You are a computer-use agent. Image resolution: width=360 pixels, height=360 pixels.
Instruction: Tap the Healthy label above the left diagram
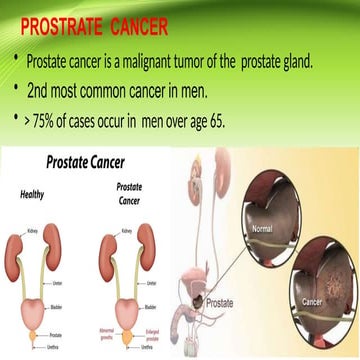pos(34,195)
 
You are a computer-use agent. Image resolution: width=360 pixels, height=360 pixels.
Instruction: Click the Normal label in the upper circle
pos(262,229)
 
